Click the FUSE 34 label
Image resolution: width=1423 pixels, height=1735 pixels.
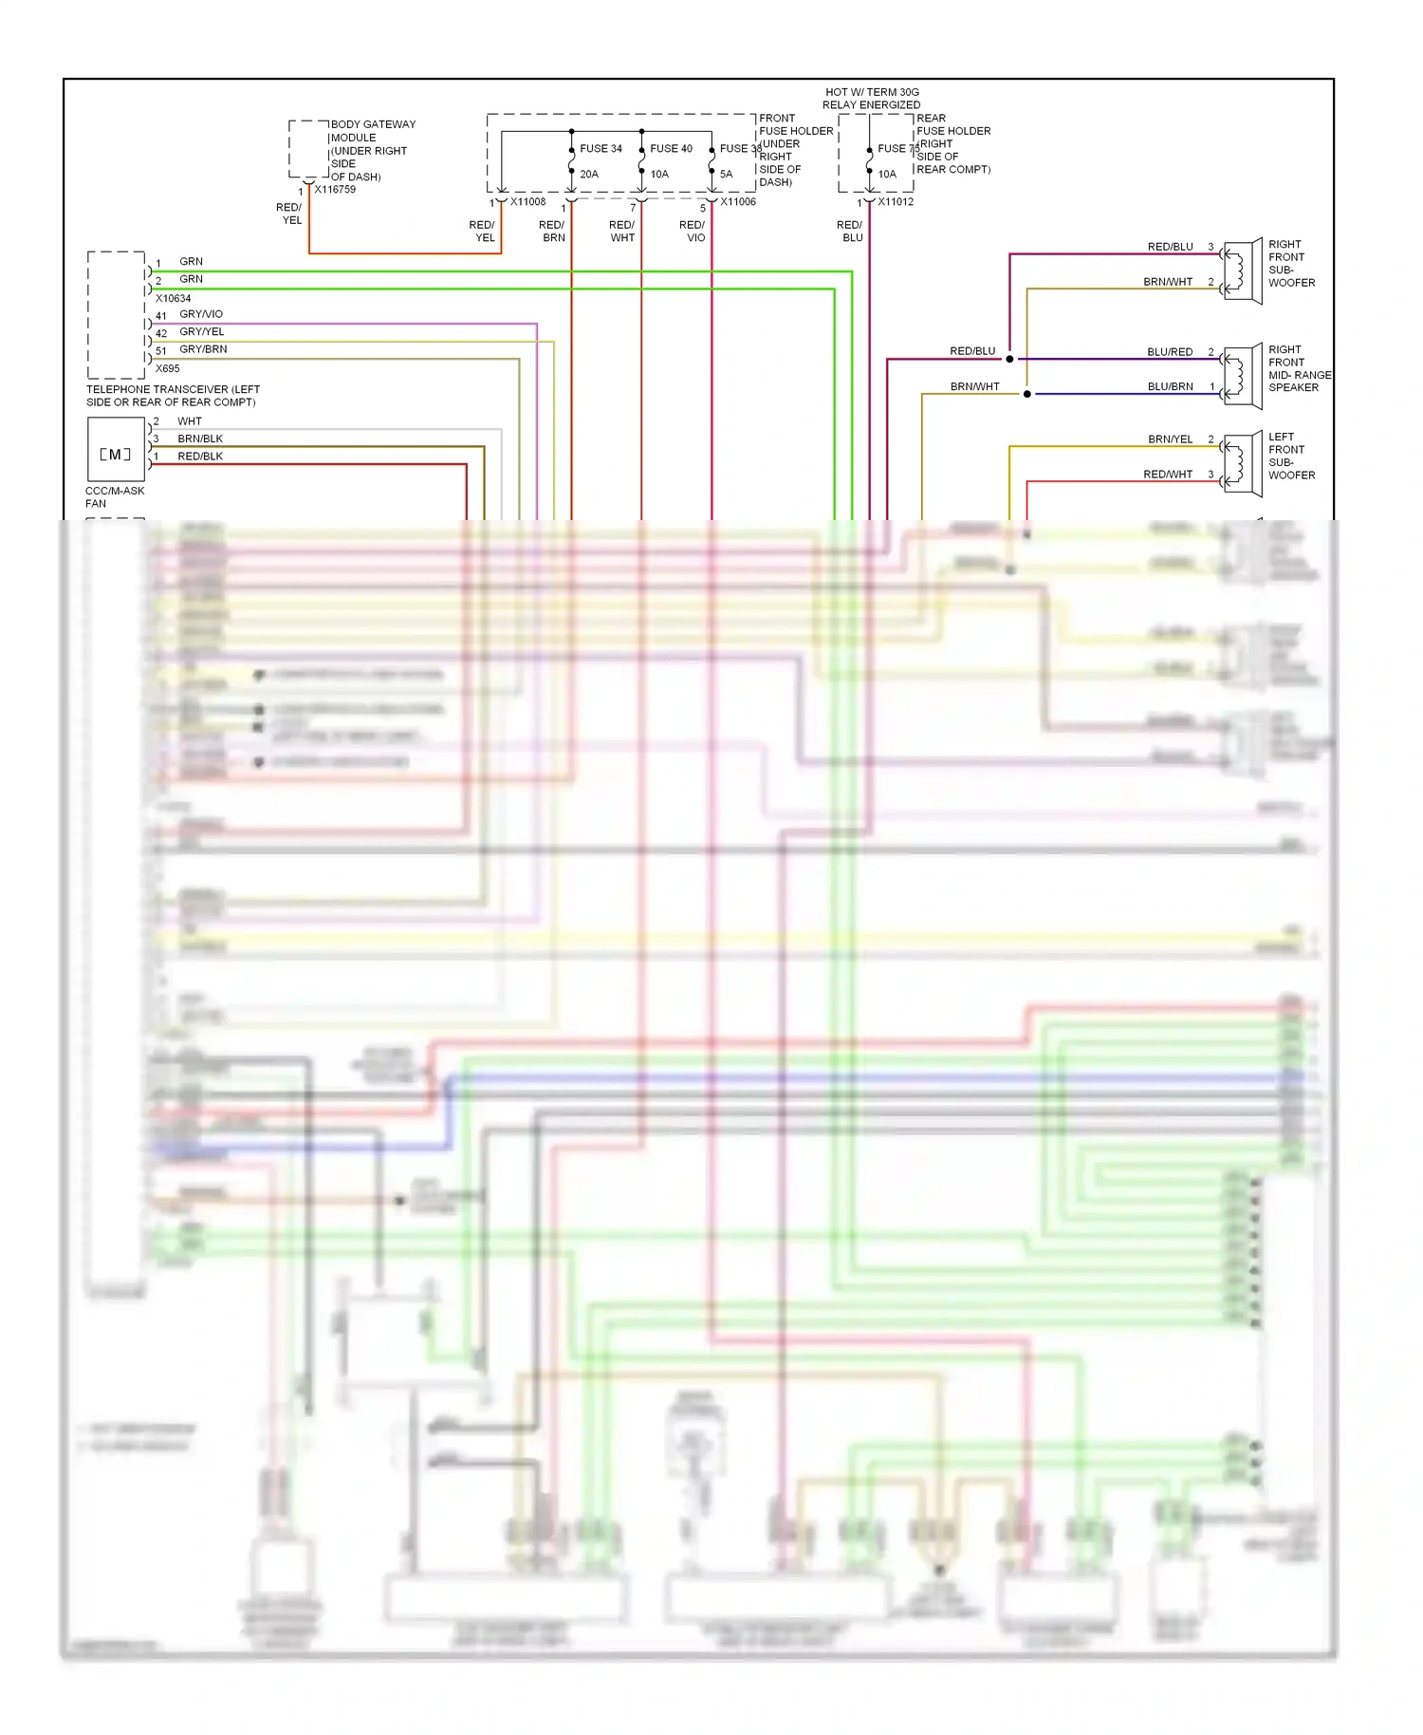tap(601, 149)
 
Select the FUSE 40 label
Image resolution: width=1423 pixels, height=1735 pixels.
tap(671, 149)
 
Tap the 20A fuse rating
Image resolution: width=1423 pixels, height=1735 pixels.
tap(589, 175)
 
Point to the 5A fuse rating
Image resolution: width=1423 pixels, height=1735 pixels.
tap(726, 175)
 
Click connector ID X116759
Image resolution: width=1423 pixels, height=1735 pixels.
tap(335, 190)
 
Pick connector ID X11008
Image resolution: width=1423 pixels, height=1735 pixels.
tap(527, 202)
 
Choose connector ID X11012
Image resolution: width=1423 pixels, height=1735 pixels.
tap(896, 202)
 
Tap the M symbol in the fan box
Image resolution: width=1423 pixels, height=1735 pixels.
tap(115, 455)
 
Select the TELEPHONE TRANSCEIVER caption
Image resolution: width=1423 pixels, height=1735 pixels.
tap(173, 396)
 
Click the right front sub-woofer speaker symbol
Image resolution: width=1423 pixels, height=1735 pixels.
tap(1242, 271)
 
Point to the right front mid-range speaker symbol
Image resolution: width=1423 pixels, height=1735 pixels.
tap(1242, 376)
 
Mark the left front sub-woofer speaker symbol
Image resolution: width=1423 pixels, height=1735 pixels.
tap(1242, 463)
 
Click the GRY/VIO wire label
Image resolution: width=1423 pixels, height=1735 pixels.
tap(201, 314)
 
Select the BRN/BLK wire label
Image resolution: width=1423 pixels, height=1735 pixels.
tap(200, 439)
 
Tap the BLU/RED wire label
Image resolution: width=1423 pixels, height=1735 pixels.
tap(1170, 352)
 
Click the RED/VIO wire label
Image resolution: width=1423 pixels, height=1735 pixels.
tap(693, 232)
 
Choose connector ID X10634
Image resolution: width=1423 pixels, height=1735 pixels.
tap(174, 299)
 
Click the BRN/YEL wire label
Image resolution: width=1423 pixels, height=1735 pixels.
tap(1170, 439)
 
